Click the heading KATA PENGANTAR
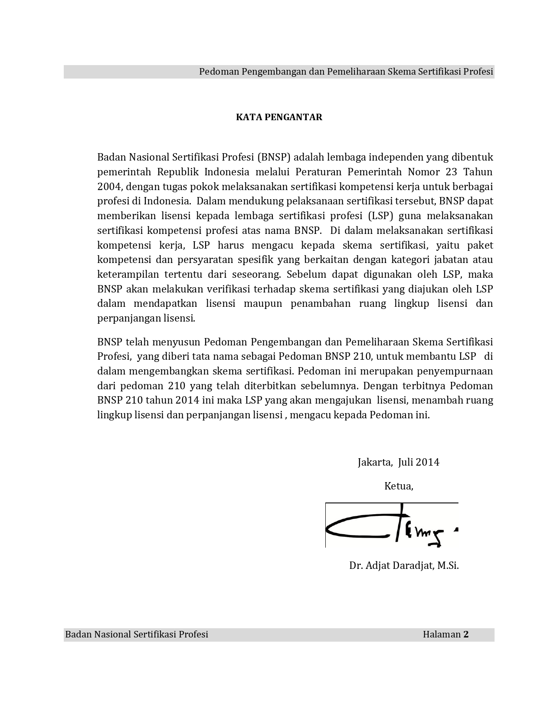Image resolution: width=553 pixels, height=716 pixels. click(x=279, y=117)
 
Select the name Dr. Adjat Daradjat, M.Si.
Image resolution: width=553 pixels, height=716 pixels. click(x=404, y=566)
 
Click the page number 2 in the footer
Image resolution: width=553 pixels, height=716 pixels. click(x=466, y=634)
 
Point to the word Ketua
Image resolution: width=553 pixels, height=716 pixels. click(x=399, y=486)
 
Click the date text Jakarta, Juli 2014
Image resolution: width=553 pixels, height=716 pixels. click(x=398, y=462)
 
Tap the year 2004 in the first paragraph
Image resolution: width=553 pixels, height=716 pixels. click(x=110, y=186)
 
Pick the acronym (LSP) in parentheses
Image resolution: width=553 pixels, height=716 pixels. click(x=380, y=216)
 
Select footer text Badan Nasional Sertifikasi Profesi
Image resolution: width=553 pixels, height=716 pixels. click(x=137, y=634)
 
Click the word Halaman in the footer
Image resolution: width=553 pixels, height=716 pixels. click(x=442, y=634)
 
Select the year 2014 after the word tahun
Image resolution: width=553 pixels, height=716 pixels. click(x=187, y=400)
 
